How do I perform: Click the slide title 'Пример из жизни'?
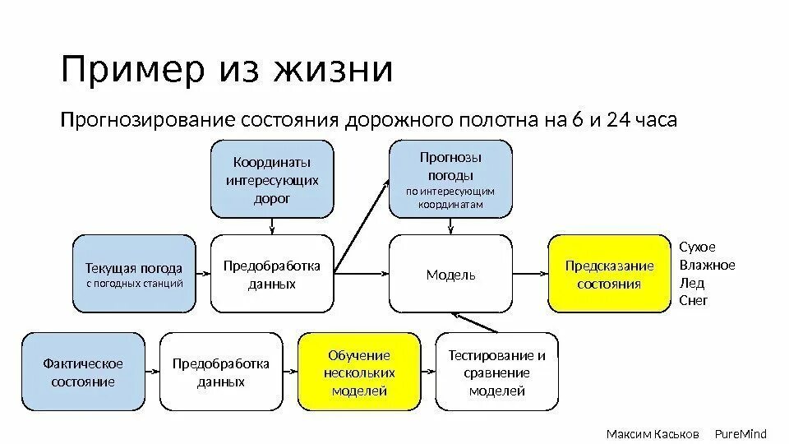pos(227,70)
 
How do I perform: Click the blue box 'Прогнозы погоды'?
pos(450,178)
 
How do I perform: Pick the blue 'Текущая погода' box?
pos(135,274)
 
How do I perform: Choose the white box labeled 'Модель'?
pos(450,275)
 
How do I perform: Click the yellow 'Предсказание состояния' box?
pos(609,275)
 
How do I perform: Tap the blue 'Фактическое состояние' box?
pos(83,372)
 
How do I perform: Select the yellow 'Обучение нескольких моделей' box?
pos(359,372)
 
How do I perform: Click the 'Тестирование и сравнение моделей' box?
pos(496,372)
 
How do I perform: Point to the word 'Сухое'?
pos(698,247)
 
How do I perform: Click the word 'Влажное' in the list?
pos(708,265)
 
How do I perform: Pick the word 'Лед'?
pos(693,283)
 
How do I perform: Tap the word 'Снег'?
pos(694,301)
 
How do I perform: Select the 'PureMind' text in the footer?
pos(740,433)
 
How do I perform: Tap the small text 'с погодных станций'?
pos(135,284)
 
